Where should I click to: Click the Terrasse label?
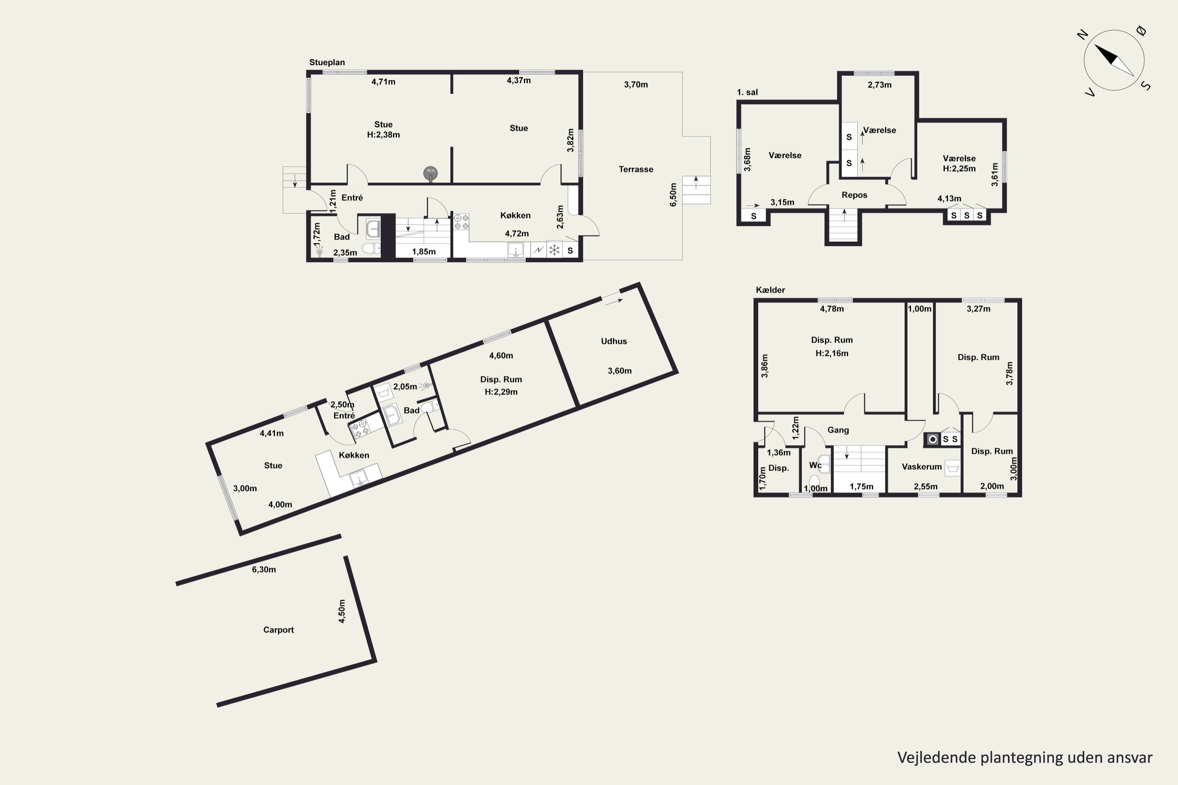point(636,169)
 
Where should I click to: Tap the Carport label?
point(278,630)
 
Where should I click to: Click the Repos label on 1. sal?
point(854,195)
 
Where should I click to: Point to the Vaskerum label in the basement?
point(922,467)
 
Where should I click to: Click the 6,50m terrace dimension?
point(673,194)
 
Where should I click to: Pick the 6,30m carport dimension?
point(263,569)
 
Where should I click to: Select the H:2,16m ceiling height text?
point(831,353)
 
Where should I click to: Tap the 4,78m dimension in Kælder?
point(831,309)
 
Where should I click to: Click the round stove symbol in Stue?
point(430,173)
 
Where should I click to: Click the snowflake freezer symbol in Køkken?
point(554,250)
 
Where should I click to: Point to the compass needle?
point(1114,60)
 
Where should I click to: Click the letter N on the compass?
point(1082,35)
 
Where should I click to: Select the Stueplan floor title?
point(327,62)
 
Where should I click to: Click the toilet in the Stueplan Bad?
point(371,248)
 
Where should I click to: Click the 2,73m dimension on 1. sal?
point(880,85)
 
